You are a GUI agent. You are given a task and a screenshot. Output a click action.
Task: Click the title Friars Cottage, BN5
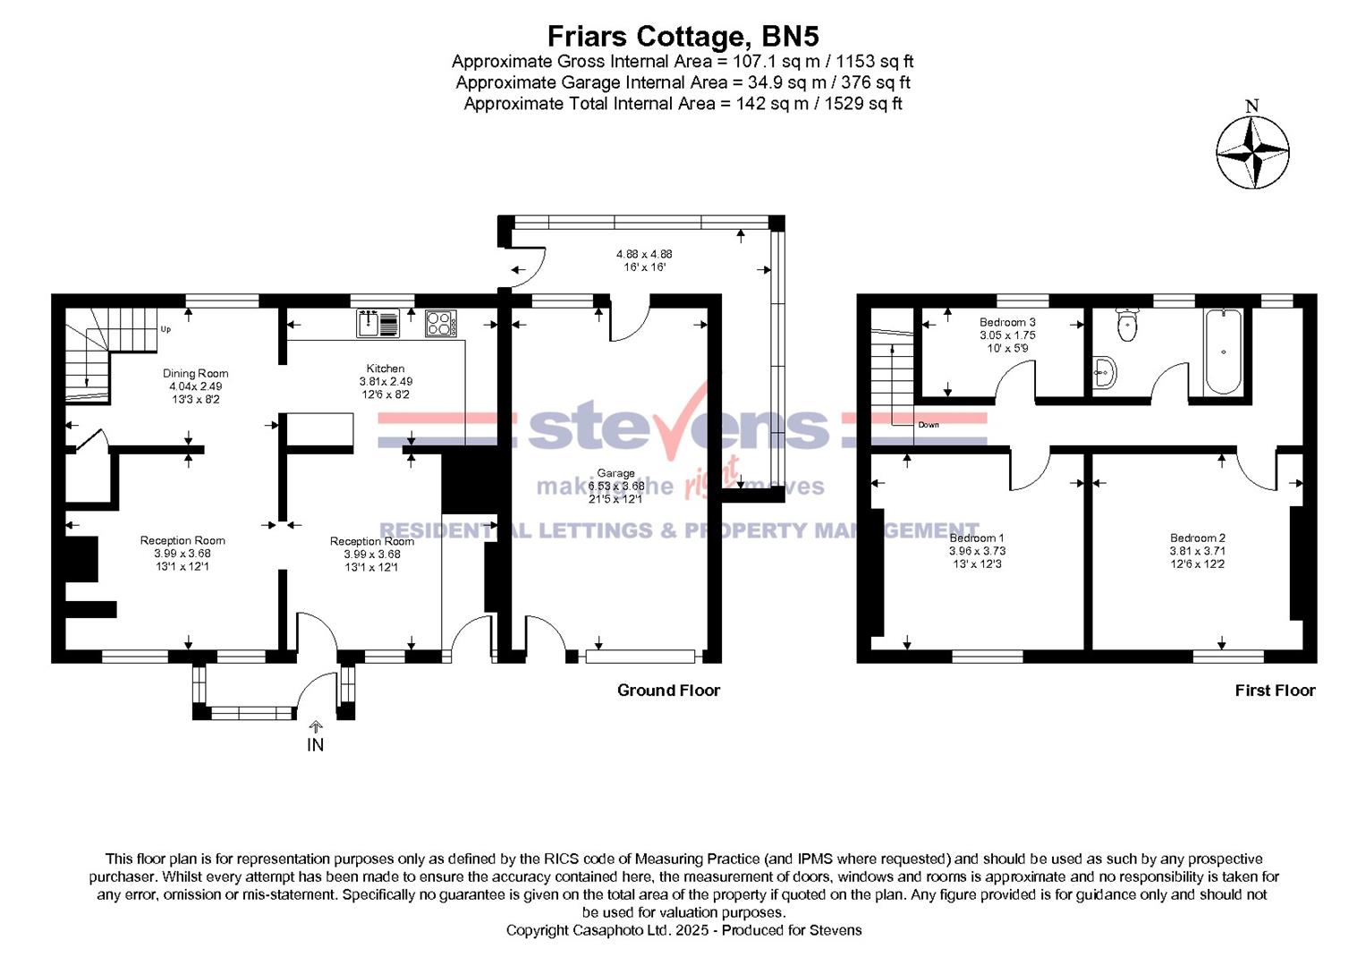683,37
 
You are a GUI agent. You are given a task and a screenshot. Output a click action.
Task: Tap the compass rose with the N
1252,152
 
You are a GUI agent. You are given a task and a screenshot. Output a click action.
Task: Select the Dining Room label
195,374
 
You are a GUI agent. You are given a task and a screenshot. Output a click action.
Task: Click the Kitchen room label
386,369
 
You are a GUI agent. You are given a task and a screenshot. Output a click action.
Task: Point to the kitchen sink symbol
378,323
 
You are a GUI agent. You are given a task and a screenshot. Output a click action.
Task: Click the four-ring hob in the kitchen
440,323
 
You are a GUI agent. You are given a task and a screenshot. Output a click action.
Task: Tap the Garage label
616,473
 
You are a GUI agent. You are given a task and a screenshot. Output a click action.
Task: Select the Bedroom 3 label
1007,322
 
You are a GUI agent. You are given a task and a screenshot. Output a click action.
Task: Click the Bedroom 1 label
976,538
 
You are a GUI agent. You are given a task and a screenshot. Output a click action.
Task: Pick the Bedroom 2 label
1198,538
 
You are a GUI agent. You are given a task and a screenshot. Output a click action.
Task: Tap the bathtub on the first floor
1222,352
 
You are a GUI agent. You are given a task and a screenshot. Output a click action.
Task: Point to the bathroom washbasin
1106,371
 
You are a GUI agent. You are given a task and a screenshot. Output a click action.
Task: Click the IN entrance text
315,744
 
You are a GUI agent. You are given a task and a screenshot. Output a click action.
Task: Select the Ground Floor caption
668,690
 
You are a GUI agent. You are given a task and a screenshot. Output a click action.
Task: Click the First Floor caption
1275,690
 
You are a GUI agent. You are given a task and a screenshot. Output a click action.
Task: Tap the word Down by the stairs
929,425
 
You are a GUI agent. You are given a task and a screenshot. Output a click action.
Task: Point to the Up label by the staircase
165,329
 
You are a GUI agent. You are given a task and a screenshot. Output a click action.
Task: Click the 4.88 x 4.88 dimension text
644,254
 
